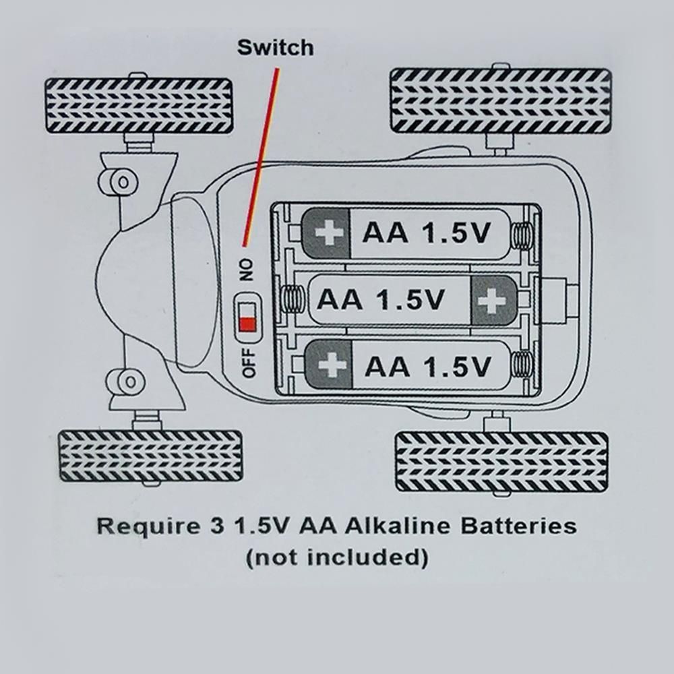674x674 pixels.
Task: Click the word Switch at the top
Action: coord(275,48)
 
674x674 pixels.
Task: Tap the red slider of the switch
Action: coord(247,324)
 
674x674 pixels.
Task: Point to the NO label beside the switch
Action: coord(246,270)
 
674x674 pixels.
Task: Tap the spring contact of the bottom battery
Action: coord(521,365)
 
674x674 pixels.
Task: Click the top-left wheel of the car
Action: coord(139,106)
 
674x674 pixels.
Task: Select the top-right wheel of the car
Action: coord(501,100)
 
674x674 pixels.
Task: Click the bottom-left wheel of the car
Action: coord(150,456)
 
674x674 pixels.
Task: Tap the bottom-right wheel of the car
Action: coord(501,462)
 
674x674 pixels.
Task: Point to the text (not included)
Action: coord(337,558)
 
